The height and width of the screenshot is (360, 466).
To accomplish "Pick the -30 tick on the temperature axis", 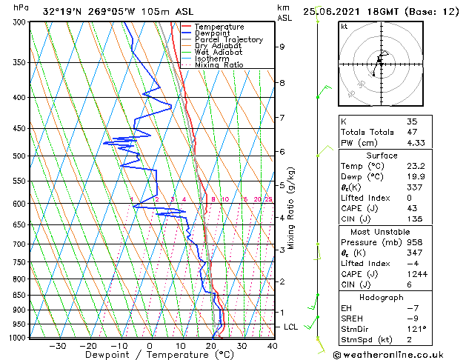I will click(57, 346).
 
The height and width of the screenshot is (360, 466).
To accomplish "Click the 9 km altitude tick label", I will click(282, 47).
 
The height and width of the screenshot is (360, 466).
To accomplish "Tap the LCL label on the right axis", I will click(291, 327).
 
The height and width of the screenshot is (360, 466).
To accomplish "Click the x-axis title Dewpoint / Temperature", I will click(149, 355).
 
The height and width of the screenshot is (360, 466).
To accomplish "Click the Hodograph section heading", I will click(382, 296).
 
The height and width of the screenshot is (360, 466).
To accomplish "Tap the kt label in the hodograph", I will click(344, 26).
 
